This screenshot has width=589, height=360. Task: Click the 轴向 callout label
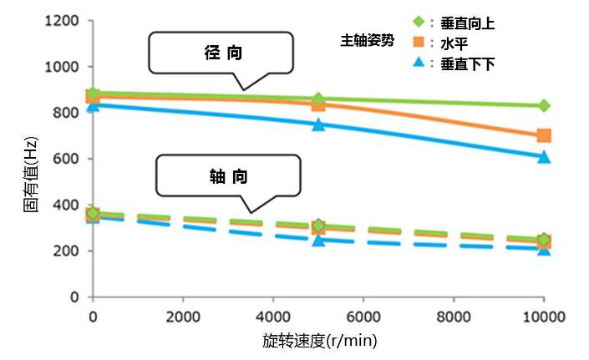[227, 177]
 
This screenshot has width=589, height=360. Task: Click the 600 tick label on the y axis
[67, 160]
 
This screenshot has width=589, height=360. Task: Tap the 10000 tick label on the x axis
[544, 317]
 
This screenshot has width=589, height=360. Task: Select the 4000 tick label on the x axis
[273, 317]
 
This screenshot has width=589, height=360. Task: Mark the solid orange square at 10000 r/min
[544, 135]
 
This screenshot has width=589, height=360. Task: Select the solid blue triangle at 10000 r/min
[544, 156]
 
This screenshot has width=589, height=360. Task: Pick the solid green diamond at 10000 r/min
[544, 106]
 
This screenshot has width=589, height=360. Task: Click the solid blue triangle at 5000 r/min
[318, 124]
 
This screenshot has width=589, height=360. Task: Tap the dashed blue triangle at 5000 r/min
[318, 240]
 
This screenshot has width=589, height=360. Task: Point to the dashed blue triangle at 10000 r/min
[544, 249]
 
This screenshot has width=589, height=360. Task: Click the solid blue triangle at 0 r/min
[94, 104]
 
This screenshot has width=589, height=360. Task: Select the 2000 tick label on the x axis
[183, 317]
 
